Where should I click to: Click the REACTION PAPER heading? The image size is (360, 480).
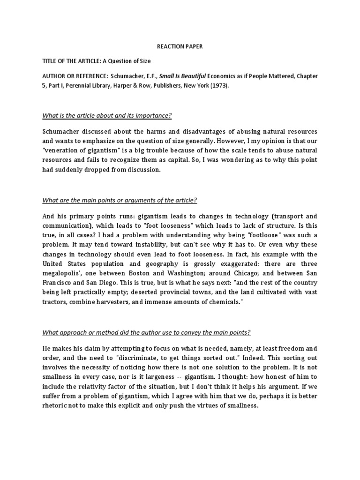click(180, 47)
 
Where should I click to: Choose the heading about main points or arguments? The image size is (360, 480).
click(120, 200)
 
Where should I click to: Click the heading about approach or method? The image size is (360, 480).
click(147, 332)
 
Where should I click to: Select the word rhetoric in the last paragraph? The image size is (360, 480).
click(56, 406)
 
